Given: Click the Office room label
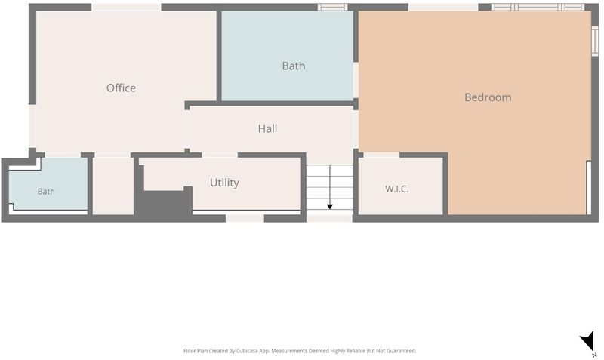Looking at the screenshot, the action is click(x=121, y=88).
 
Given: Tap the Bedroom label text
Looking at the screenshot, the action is click(x=488, y=97).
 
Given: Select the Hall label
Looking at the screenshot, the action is click(x=268, y=128).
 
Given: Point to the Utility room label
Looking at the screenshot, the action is click(x=224, y=183).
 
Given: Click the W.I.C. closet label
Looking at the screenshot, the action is click(x=397, y=189).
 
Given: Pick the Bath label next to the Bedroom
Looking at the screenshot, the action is click(x=294, y=66).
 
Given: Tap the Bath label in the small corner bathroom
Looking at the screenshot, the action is click(x=46, y=192).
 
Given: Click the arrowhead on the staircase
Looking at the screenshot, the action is click(x=330, y=207).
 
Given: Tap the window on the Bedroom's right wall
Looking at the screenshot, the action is click(x=595, y=42).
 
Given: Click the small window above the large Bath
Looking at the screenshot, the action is click(x=332, y=7).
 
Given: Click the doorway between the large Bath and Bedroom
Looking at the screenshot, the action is click(x=356, y=80).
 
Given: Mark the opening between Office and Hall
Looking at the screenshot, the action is click(x=187, y=129).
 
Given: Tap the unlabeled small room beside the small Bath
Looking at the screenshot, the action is click(x=113, y=186).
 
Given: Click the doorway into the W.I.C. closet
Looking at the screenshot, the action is click(x=381, y=155).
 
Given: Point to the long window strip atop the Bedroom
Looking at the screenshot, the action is click(x=538, y=7).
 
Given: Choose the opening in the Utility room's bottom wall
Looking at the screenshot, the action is click(x=245, y=218).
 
